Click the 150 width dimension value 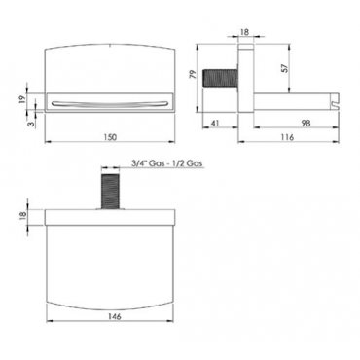click(110, 137)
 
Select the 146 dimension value click(115, 316)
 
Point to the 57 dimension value click(284, 68)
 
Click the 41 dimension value click(216, 124)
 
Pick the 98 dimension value click(306, 123)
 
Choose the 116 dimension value click(287, 137)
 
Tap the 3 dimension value click(31, 124)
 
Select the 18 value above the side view click(245, 32)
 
